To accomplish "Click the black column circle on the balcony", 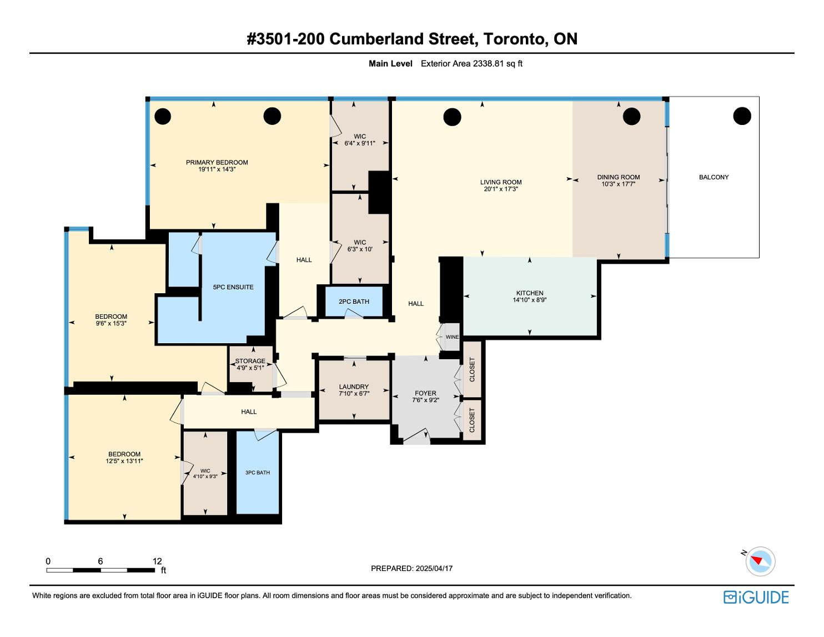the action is click(742, 116).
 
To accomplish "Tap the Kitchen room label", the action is click(529, 293).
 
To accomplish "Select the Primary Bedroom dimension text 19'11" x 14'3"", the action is click(217, 169).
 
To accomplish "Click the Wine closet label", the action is click(452, 337).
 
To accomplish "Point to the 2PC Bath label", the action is click(354, 302).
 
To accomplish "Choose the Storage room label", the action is click(250, 361).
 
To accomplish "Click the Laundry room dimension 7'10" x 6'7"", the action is click(354, 394).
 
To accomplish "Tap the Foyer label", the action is click(425, 393).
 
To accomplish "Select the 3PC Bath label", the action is click(258, 473).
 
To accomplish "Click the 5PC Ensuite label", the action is click(233, 287).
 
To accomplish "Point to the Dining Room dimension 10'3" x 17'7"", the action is click(619, 184).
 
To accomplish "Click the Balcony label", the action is click(714, 177).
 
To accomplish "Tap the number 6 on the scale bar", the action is click(101, 561).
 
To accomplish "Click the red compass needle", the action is click(756, 560).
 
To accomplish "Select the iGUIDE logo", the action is click(756, 597).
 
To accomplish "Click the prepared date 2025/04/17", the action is click(434, 568).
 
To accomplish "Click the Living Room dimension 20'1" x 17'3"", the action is click(500, 189).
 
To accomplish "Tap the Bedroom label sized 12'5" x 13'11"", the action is click(124, 454).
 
